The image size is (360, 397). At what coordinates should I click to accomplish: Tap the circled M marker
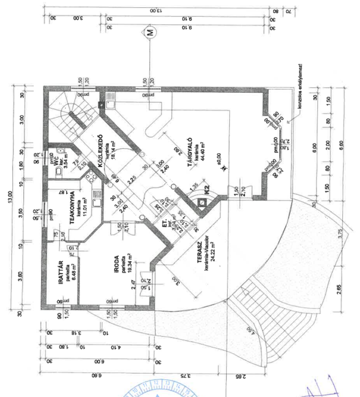(149, 33)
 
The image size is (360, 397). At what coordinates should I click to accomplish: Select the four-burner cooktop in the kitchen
(91, 176)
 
